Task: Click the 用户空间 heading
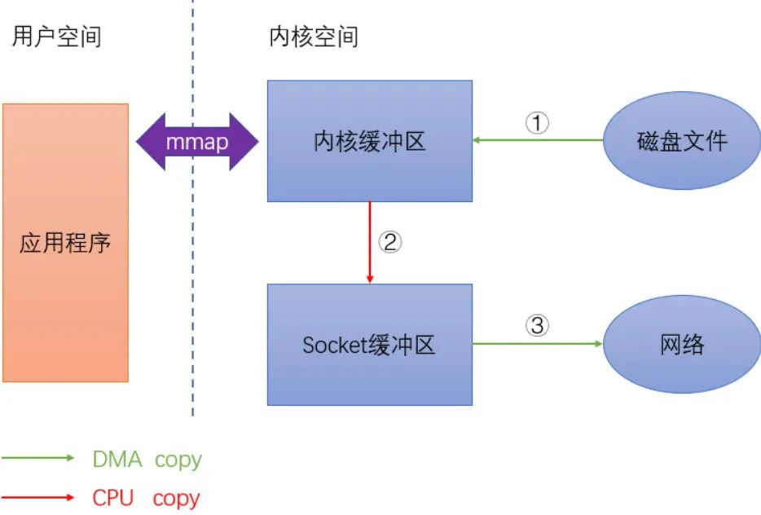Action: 56,37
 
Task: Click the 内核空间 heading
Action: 314,37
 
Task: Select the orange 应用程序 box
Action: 65,242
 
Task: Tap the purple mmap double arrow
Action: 196,142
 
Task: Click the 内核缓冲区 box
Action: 370,141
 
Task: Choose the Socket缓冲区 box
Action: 370,345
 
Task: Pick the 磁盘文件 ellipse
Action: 682,141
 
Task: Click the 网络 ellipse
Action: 682,345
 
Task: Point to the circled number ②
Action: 391,243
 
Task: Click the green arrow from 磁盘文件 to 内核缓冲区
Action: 538,141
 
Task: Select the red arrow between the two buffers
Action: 371,242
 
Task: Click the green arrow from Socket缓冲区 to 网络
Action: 538,344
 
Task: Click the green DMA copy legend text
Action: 147,460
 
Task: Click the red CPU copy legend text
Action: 146,497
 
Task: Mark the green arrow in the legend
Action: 38,459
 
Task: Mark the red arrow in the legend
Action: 38,496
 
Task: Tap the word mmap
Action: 196,142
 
